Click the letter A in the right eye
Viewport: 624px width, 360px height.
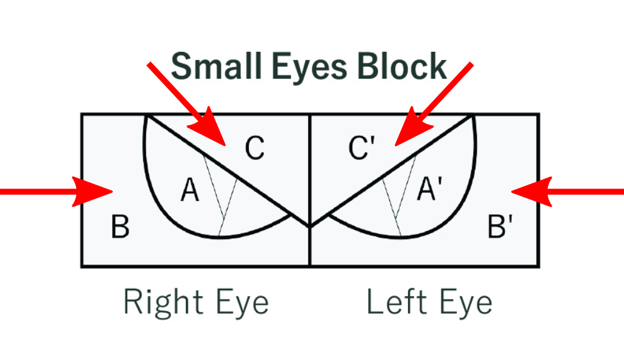tap(190, 190)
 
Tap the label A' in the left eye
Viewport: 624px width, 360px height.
tap(429, 188)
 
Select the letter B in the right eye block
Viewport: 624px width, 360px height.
tap(120, 227)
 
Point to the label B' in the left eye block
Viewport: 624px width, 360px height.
tap(500, 227)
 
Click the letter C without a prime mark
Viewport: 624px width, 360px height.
tap(254, 149)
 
